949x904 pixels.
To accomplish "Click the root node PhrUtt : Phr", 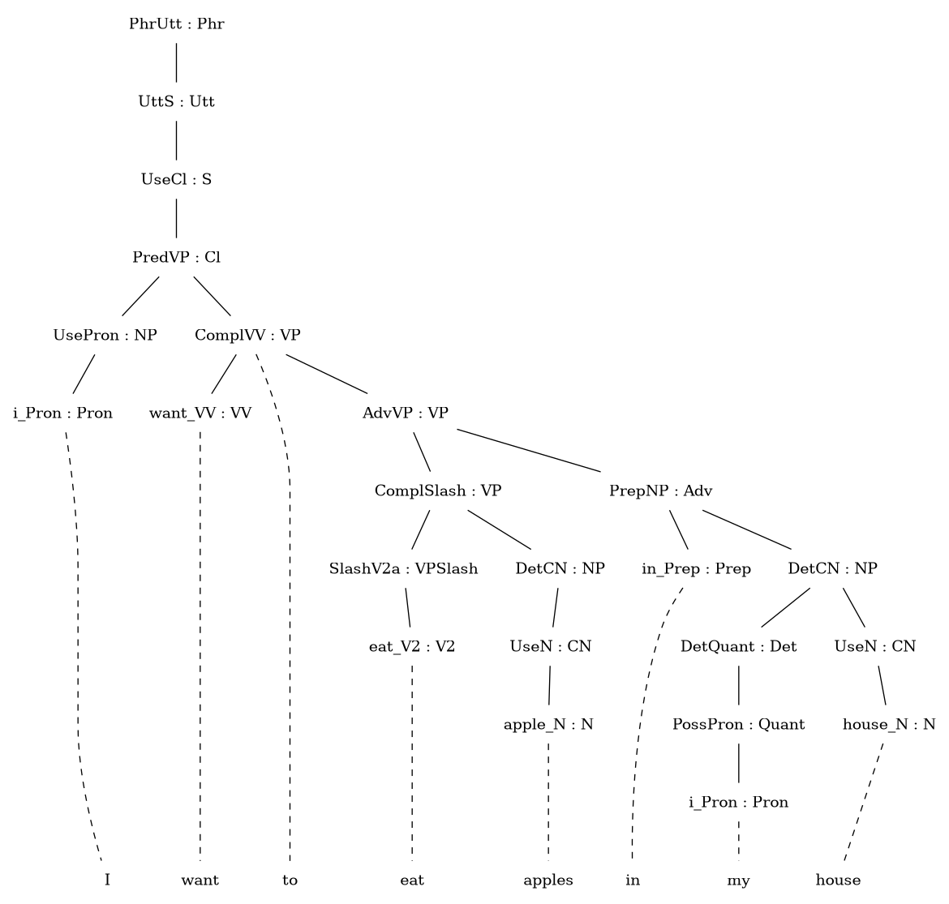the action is tap(177, 24).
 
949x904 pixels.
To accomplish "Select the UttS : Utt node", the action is tap(177, 101).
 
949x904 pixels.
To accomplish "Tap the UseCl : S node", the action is tap(177, 180).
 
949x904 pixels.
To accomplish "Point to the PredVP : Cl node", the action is tap(177, 258).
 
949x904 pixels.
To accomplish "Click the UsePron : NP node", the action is tap(105, 335).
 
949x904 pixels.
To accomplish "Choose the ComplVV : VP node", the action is tap(247, 335).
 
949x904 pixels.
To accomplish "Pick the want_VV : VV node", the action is tap(200, 413).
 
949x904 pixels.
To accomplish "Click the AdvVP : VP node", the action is tap(406, 413).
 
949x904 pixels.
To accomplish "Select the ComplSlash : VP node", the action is tap(438, 491).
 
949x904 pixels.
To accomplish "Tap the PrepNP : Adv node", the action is tap(661, 491).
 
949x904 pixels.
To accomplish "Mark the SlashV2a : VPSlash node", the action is tap(404, 569).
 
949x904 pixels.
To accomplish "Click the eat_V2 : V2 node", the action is tap(412, 647).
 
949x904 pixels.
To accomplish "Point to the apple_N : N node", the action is tap(548, 725).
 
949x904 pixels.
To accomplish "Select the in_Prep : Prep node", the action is tap(697, 569).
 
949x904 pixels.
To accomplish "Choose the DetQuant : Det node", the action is tap(739, 647).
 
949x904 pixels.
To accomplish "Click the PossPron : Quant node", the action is tap(739, 725).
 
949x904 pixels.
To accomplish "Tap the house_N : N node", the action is tap(889, 725).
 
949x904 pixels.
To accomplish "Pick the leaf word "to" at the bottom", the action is tap(290, 880).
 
